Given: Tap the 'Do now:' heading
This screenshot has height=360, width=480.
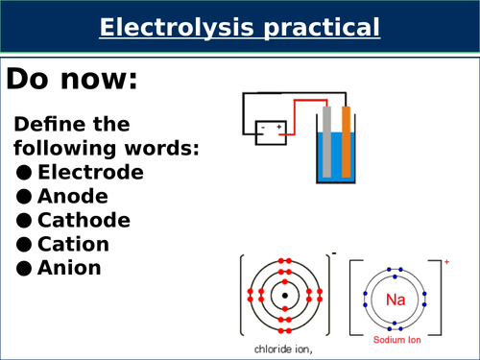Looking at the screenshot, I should point(73,81).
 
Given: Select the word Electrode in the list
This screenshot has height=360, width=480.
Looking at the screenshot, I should point(90,173).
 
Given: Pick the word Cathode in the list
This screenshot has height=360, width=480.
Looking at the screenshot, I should point(84,221).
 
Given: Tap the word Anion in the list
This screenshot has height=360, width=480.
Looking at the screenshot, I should point(69,269).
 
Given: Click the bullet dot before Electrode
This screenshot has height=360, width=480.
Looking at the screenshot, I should point(24,174).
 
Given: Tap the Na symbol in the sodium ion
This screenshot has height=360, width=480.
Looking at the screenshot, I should point(396,300).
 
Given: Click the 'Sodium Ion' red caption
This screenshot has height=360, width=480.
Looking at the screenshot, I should point(396,340).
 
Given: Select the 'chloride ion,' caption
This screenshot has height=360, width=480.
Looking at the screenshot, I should point(285,349).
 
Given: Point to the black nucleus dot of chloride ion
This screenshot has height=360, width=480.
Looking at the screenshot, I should point(285,295).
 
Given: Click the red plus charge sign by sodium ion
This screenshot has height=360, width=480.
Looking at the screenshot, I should point(447,261).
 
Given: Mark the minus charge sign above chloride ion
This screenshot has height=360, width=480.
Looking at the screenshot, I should point(333,253).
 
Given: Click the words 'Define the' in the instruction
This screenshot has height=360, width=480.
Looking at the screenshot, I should point(72,126).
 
